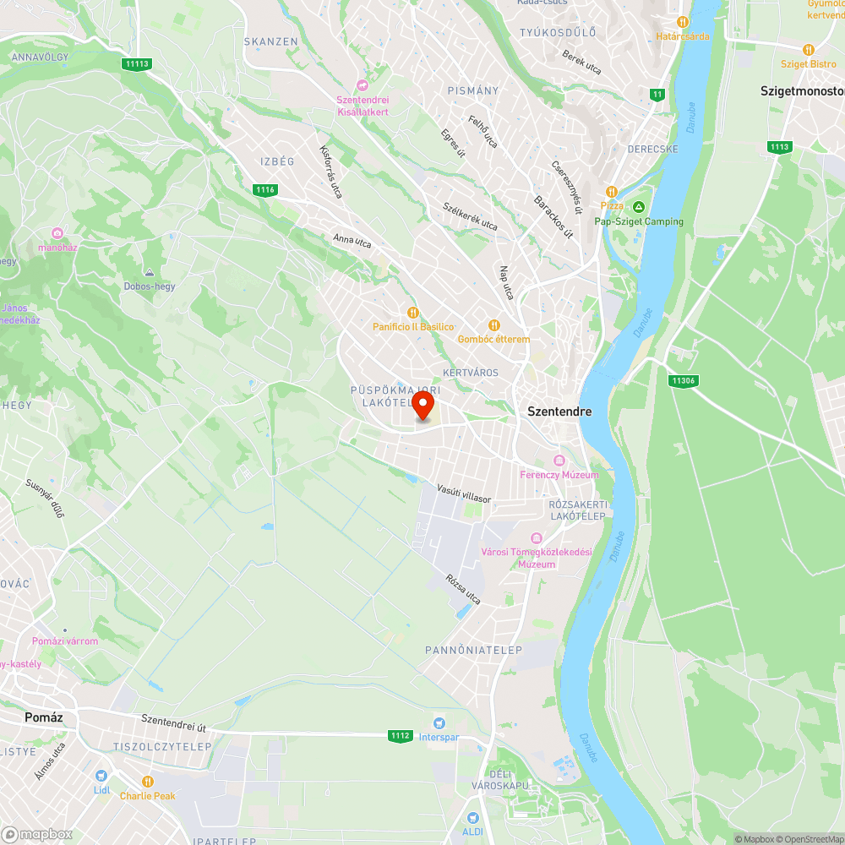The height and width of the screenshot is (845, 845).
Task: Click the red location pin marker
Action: pyautogui.click(x=422, y=403)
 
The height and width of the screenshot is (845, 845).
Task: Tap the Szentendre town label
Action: pyautogui.click(x=559, y=412)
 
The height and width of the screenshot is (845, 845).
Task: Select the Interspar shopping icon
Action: pyautogui.click(x=439, y=722)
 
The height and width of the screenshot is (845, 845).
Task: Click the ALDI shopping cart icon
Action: pyautogui.click(x=472, y=817)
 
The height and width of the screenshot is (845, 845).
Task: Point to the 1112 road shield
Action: pyautogui.click(x=401, y=736)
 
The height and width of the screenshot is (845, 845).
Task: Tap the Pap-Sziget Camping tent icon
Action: pyautogui.click(x=640, y=207)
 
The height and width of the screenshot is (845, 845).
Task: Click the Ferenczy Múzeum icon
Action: pyautogui.click(x=559, y=461)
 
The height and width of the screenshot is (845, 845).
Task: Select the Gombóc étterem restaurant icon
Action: pyautogui.click(x=494, y=325)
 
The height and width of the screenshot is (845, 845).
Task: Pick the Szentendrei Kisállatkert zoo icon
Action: pyautogui.click(x=363, y=85)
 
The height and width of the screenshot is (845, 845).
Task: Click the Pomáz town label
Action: pyautogui.click(x=44, y=717)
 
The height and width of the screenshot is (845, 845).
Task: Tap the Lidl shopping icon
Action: pyautogui.click(x=101, y=776)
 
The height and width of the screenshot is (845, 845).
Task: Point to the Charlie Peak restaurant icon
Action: pyautogui.click(x=148, y=782)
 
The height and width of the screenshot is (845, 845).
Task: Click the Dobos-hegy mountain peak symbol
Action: pyautogui.click(x=150, y=273)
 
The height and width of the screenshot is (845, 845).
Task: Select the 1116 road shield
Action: pyautogui.click(x=265, y=190)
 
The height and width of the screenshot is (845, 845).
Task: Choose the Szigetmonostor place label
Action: pyautogui.click(x=802, y=90)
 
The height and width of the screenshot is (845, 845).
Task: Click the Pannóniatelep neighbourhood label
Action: pyautogui.click(x=473, y=650)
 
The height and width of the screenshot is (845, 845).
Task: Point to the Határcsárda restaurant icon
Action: pyautogui.click(x=683, y=22)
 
